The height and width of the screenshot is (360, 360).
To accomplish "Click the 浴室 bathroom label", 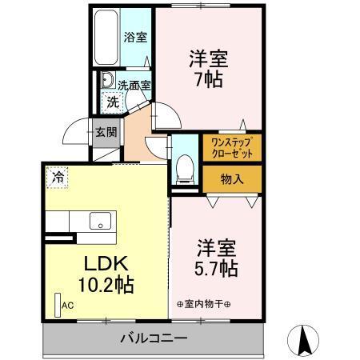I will click(135, 37).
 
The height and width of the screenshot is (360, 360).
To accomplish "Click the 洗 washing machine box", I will click(113, 102).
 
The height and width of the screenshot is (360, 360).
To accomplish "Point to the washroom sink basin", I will click(105, 81).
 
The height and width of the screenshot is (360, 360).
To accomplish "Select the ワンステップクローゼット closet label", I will click(231, 147).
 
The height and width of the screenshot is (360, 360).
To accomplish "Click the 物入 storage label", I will click(231, 178).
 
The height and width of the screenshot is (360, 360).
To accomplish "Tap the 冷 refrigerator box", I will click(57, 177).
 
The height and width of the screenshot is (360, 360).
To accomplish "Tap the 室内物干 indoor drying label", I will click(203, 304).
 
